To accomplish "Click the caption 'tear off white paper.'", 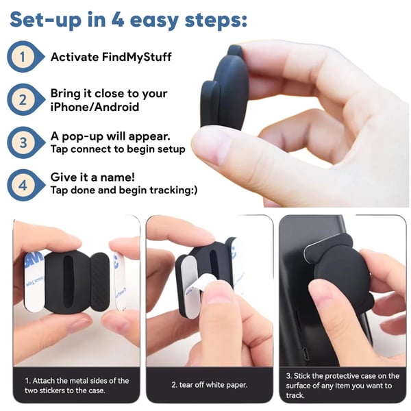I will tap(209, 385).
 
